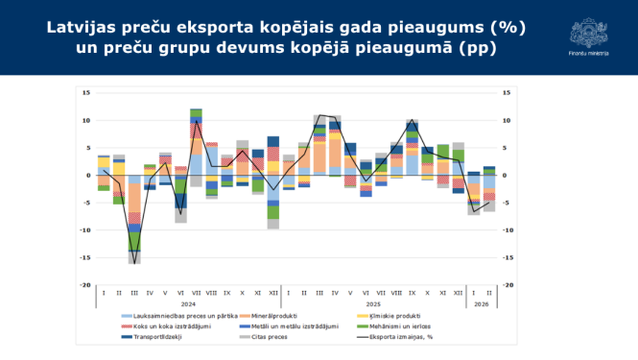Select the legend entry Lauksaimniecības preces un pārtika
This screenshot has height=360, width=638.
pyautogui.click(x=168, y=315)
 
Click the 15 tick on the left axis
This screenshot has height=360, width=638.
pyautogui.click(x=86, y=93)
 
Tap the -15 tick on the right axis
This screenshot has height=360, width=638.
pyautogui.click(x=507, y=257)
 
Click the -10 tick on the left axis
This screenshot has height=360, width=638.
pyautogui.click(x=85, y=230)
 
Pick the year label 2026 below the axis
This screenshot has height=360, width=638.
pyautogui.click(x=481, y=303)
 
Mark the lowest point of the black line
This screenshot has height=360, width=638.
pyautogui.click(x=134, y=252)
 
